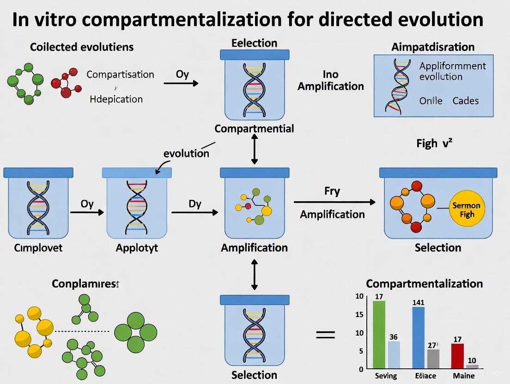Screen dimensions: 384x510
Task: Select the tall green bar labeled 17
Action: [x=379, y=334]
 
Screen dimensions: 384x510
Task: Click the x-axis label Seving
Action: [x=385, y=376]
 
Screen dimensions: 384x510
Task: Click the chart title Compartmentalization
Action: [x=424, y=283]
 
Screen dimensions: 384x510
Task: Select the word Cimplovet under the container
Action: [x=38, y=247]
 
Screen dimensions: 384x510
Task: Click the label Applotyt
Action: [x=137, y=247]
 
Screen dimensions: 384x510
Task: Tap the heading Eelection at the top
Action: [x=254, y=43]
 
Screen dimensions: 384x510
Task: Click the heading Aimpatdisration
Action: [x=433, y=47]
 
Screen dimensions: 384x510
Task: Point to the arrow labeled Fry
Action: [x=334, y=202]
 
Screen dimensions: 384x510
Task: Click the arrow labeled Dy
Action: [x=194, y=212]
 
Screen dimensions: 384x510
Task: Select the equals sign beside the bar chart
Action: [x=325, y=335]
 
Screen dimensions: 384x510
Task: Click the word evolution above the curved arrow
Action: [x=186, y=153]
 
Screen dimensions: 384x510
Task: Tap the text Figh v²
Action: [x=434, y=144]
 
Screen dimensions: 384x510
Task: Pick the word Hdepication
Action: [x=116, y=99]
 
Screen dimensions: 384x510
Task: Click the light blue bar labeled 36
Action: [x=394, y=354]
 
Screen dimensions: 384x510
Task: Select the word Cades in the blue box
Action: [x=465, y=101]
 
